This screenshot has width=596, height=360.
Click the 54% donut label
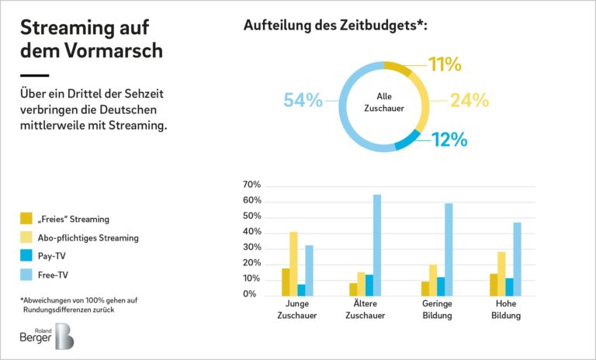pyautogui.click(x=303, y=100)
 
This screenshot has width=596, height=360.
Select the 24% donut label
pyautogui.click(x=470, y=100)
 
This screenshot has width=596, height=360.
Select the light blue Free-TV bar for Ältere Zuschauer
pyautogui.click(x=377, y=244)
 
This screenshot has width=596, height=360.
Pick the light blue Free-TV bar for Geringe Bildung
pyautogui.click(x=449, y=249)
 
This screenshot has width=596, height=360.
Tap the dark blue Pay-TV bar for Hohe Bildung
pyautogui.click(x=509, y=286)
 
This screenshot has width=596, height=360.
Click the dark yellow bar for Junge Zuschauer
pyautogui.click(x=285, y=282)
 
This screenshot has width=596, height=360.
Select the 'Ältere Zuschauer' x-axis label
pyautogui.click(x=365, y=310)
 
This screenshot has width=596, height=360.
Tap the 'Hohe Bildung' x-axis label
pyautogui.click(x=505, y=310)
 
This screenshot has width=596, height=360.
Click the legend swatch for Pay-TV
pyautogui.click(x=26, y=255)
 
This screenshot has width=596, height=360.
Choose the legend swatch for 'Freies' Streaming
pyautogui.click(x=26, y=219)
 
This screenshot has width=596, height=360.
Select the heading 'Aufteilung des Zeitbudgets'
pyautogui.click(x=335, y=25)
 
